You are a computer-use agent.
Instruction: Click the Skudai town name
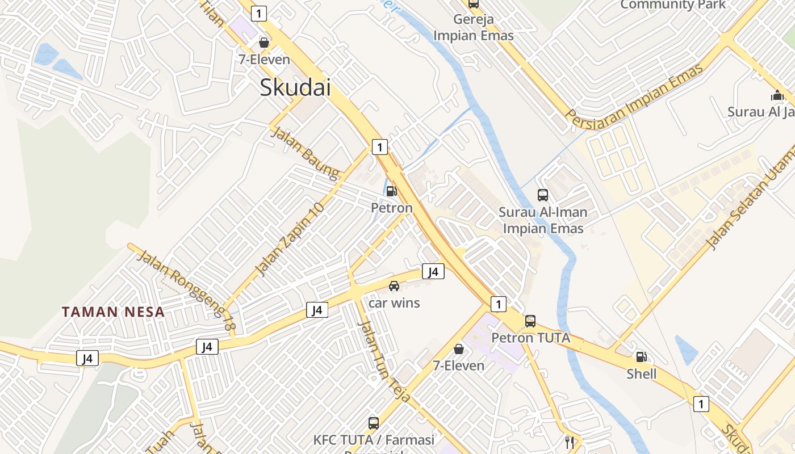(295, 88)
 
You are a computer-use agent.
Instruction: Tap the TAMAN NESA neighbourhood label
(113, 312)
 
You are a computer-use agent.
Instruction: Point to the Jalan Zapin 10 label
(290, 239)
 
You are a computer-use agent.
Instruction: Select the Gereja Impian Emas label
(473, 27)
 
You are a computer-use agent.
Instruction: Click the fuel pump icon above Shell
(641, 357)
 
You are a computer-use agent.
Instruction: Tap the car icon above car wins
(394, 286)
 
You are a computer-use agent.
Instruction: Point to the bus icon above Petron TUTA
(530, 321)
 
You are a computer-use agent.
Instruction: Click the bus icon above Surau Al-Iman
(543, 195)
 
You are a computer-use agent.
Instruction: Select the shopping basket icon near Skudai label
(264, 42)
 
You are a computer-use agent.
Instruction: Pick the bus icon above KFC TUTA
(374, 423)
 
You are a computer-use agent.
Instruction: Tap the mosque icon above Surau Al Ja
(777, 95)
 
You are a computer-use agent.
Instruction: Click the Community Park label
(673, 5)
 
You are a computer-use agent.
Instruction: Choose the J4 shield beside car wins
(433, 272)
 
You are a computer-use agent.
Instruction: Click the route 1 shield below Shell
(701, 404)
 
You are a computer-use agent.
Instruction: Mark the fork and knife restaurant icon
(568, 442)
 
